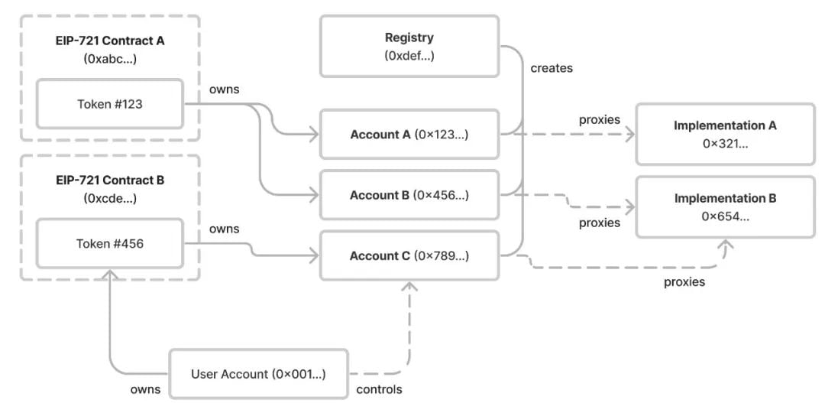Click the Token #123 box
[x=110, y=104]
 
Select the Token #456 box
[x=110, y=243]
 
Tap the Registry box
[x=409, y=46]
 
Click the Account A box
[x=409, y=135]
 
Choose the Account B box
[x=409, y=195]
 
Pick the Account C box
[x=409, y=256]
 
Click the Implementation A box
[x=725, y=135]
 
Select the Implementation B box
[x=725, y=207]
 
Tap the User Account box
[x=258, y=373]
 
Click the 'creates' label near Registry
[x=552, y=68]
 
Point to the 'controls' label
[x=380, y=389]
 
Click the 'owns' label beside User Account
[x=145, y=389]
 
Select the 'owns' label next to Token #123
[x=224, y=89]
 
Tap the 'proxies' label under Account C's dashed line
[x=684, y=282]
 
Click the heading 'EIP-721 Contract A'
[x=110, y=41]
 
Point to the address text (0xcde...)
[x=110, y=199]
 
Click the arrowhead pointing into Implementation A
[x=629, y=135]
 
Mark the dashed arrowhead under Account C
[x=409, y=286]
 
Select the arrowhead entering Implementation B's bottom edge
[x=726, y=244]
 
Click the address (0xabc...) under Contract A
[x=110, y=58]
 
